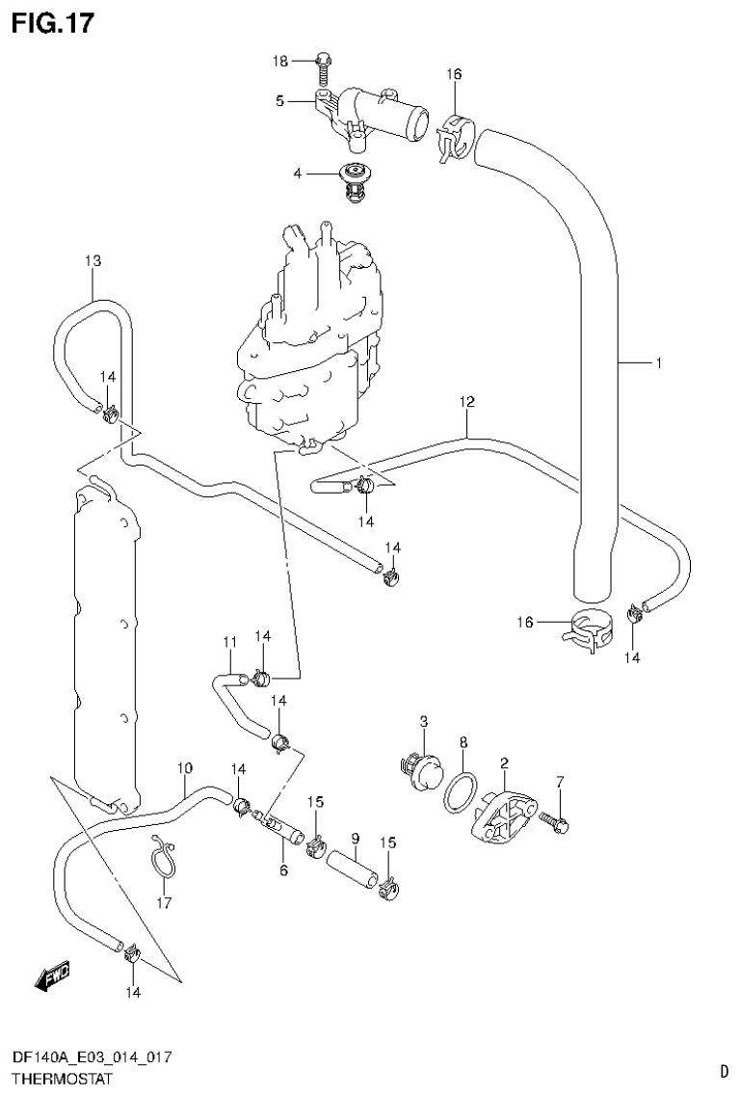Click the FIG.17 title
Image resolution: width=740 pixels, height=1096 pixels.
[54, 23]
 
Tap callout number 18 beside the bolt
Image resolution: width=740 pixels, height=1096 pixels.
[279, 62]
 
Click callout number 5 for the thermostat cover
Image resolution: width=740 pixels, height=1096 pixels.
[279, 99]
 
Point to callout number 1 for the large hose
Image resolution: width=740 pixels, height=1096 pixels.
[658, 363]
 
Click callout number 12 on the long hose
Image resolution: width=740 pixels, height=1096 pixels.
[467, 402]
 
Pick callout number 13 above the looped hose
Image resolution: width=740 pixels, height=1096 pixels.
[92, 261]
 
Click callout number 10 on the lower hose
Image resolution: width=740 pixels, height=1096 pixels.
[184, 767]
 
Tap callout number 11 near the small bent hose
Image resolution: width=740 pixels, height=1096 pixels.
[229, 642]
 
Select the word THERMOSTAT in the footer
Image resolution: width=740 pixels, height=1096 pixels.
[57, 1079]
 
